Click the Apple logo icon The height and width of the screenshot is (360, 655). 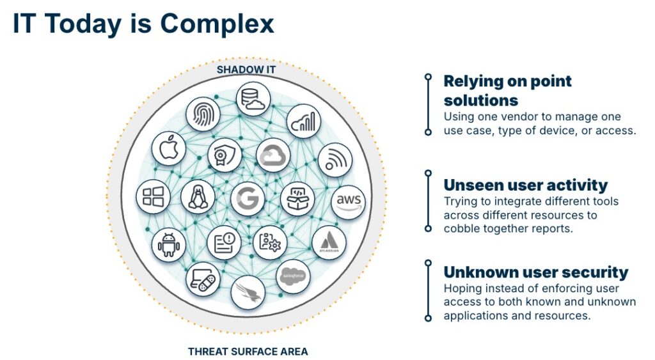169,149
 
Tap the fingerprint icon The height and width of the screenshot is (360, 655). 203,114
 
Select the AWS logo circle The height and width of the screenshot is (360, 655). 349,202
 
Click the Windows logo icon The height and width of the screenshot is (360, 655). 153,197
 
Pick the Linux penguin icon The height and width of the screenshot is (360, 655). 198,197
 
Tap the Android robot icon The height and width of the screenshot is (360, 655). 169,245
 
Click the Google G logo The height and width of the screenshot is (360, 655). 248,198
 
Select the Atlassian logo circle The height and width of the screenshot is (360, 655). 329,243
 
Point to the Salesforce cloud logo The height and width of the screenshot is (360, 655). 293,276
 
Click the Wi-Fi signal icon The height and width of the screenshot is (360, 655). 335,160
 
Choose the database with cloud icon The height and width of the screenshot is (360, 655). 253,99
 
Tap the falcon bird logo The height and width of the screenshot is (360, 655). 248,292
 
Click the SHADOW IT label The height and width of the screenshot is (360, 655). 246,70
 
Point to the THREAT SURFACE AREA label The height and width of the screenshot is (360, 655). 248,352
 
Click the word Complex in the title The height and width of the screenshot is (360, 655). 217,24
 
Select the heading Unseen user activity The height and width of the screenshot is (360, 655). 526,185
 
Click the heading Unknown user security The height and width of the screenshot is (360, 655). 535,272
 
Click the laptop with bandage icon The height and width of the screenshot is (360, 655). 203,280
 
